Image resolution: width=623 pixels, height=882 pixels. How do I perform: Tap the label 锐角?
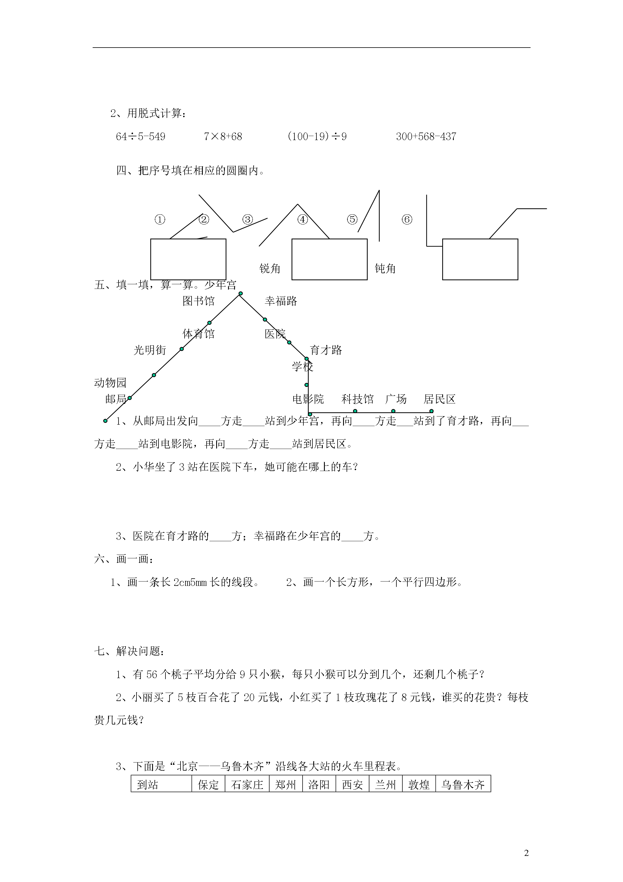coord(270,269)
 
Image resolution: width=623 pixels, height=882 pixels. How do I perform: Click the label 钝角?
coord(385,269)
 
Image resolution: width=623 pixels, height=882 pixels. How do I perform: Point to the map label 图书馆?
coord(198,301)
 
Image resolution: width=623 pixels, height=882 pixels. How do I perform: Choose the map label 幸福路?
coord(281,301)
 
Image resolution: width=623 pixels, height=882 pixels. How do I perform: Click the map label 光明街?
coord(150,350)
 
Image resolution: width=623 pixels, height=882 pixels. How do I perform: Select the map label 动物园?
coord(110,383)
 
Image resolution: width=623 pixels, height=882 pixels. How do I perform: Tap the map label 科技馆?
coord(357,399)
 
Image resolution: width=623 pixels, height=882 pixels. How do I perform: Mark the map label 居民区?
coord(440,399)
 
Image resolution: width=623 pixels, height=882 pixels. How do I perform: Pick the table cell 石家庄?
coord(247,785)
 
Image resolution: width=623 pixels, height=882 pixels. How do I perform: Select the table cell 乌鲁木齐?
coord(463,785)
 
